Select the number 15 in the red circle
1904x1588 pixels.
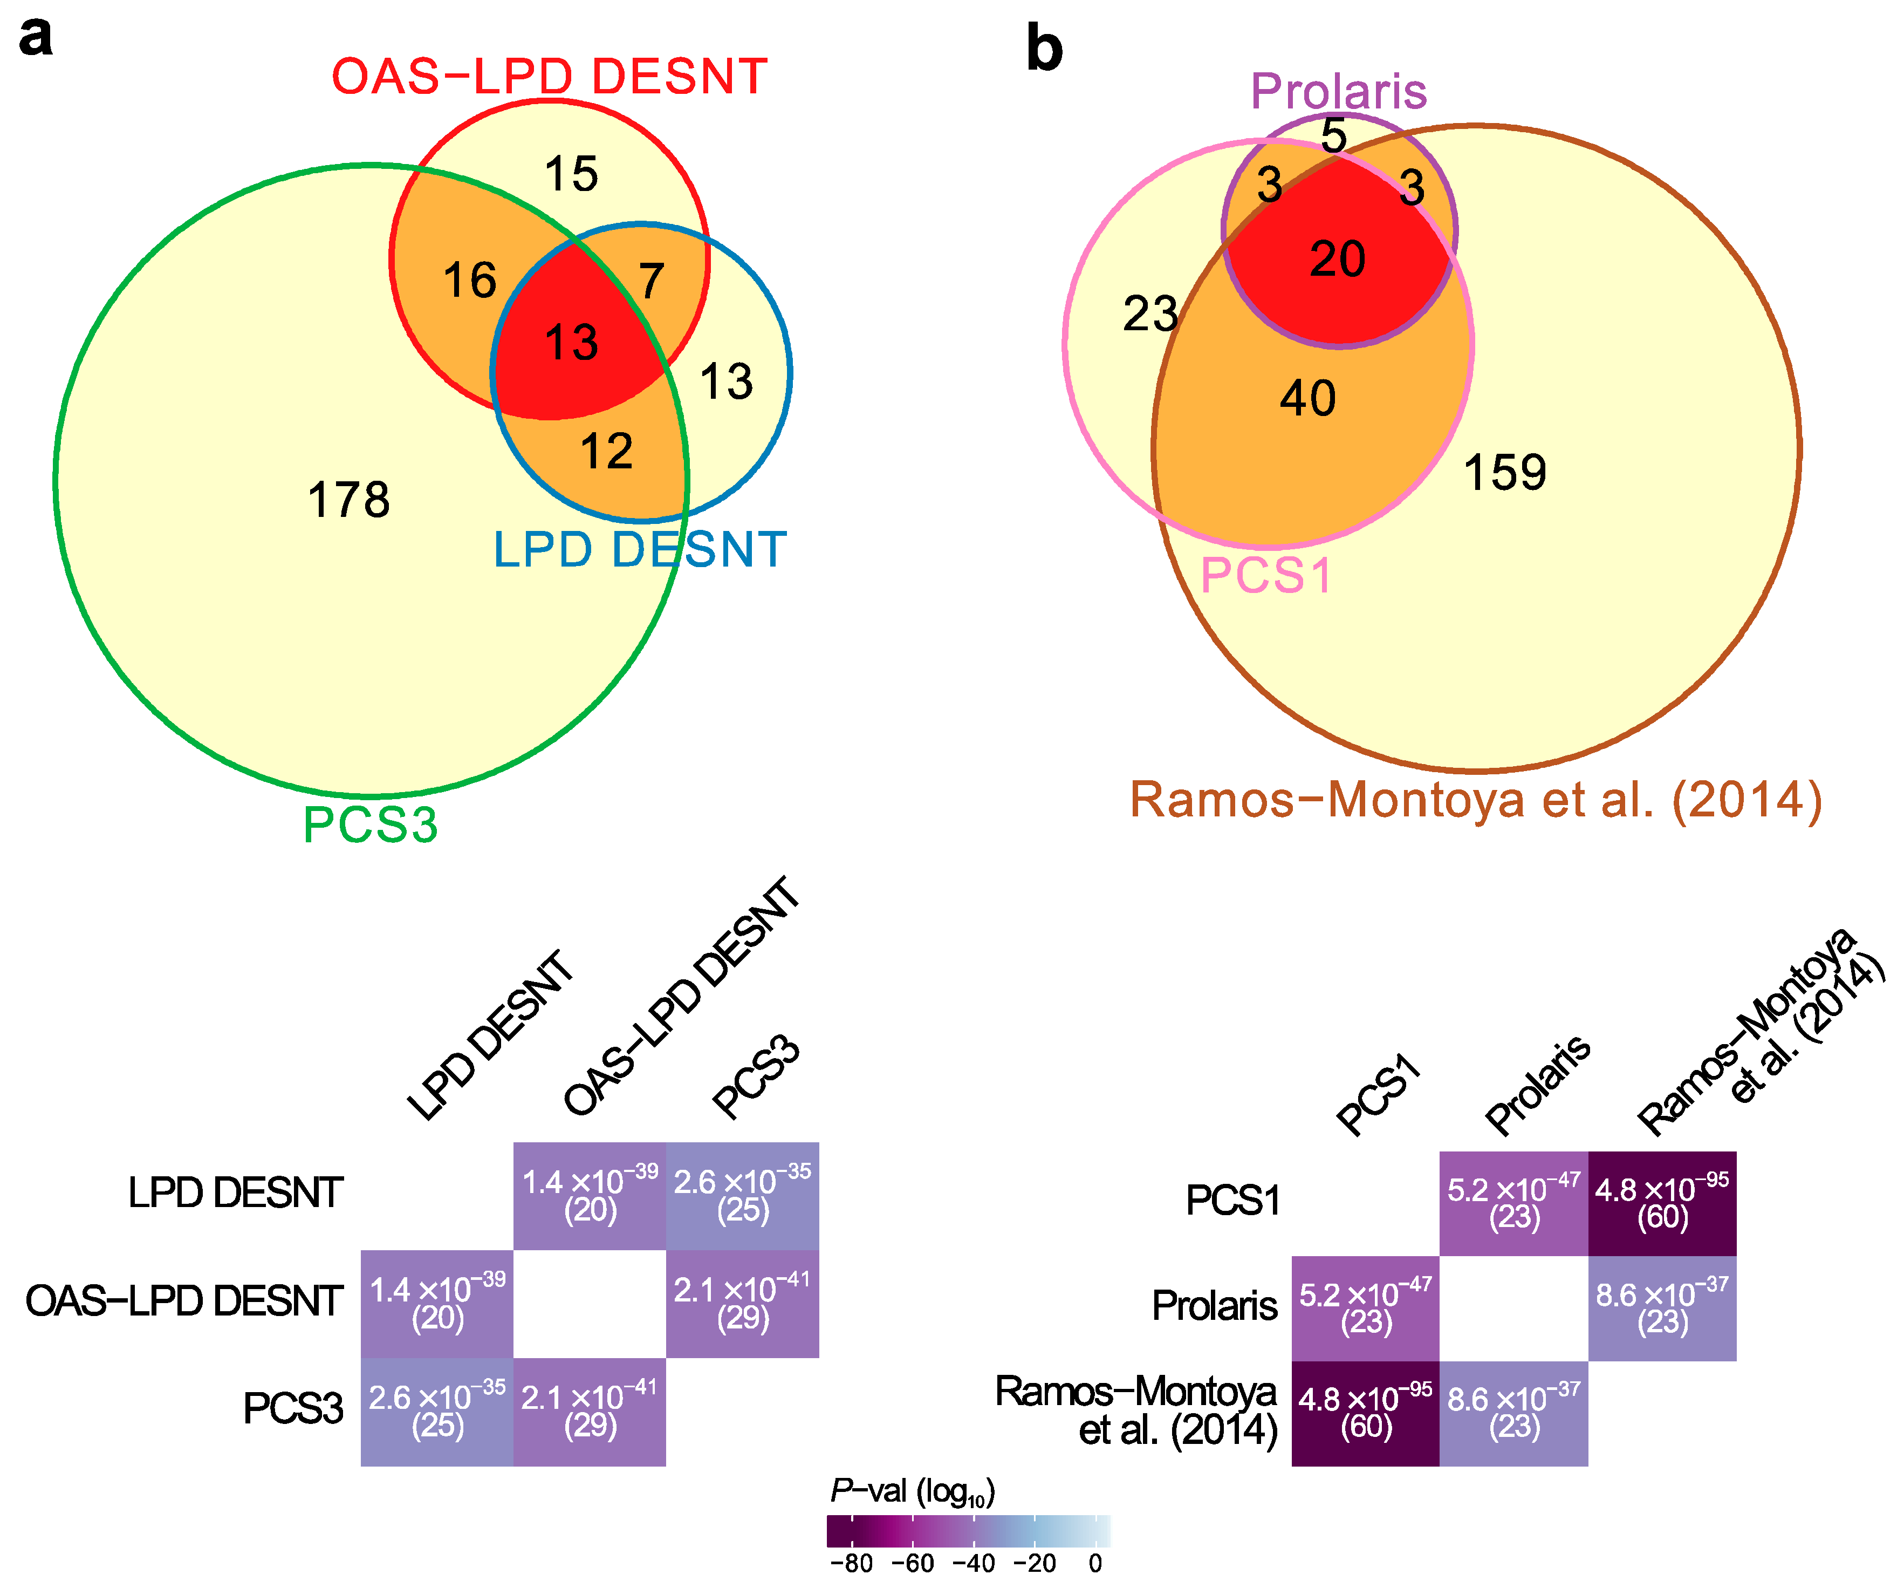click(571, 174)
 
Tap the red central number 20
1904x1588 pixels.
click(1337, 260)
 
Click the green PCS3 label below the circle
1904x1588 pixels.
click(370, 825)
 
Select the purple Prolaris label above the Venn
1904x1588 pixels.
click(1338, 92)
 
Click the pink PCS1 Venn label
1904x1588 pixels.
click(1266, 576)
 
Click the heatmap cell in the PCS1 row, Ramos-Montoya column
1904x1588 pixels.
click(1661, 1203)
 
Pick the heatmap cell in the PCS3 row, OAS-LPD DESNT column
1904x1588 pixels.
click(590, 1411)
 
